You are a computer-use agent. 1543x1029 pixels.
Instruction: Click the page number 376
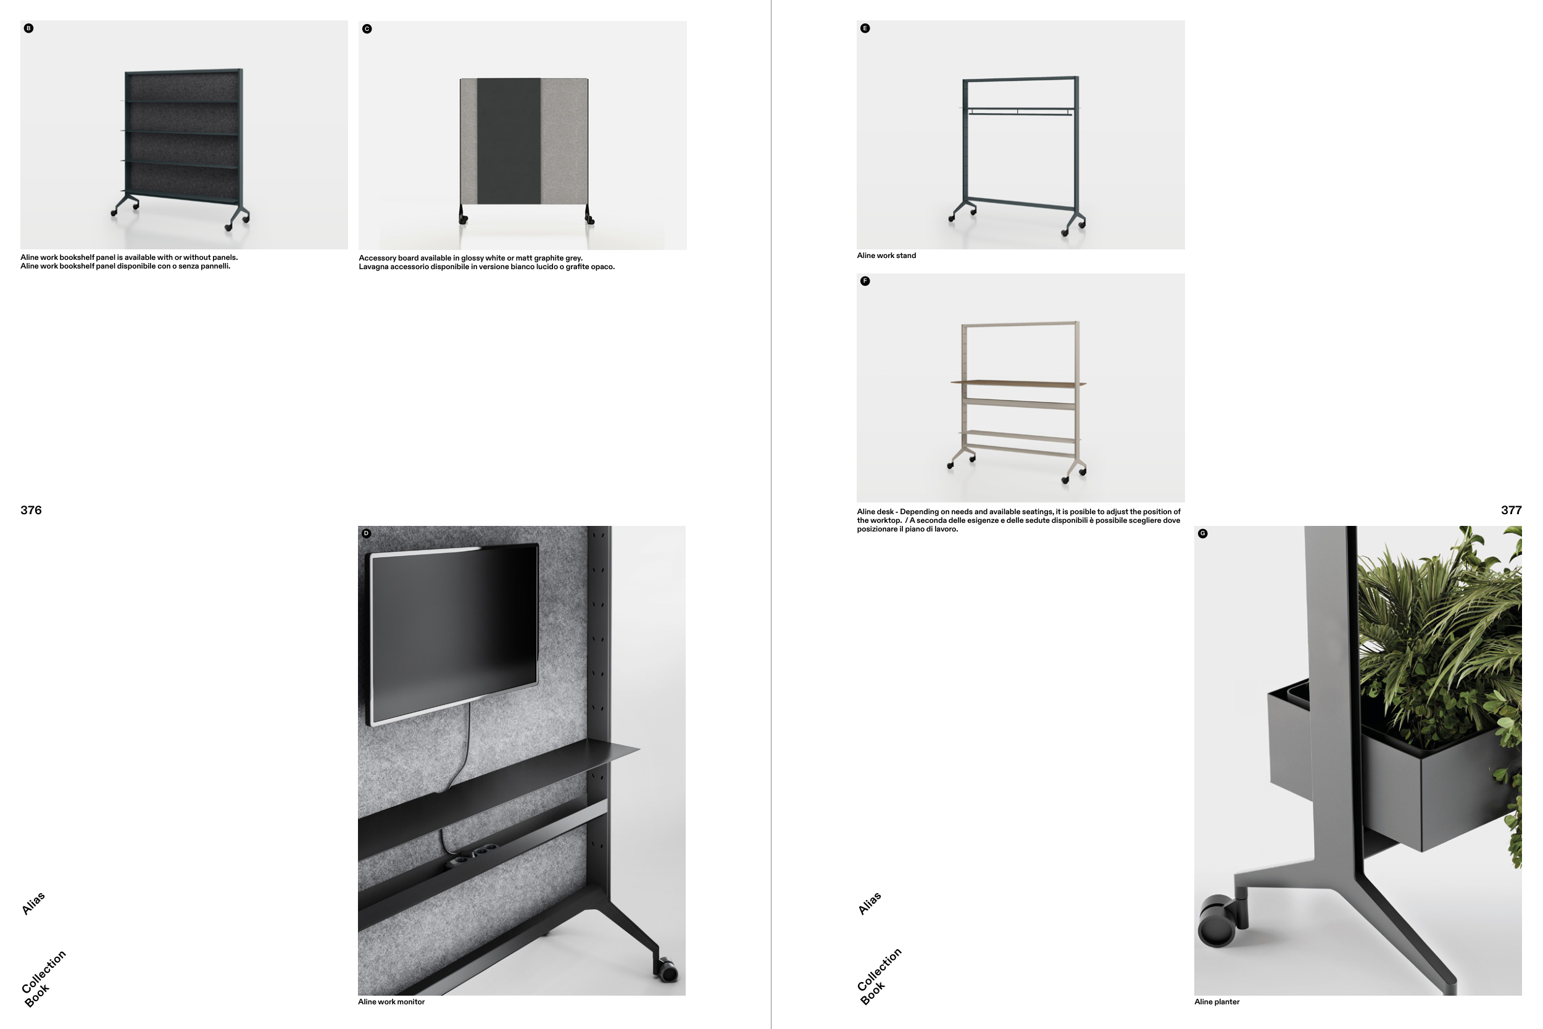31,510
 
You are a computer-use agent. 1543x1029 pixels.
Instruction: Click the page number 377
1511,510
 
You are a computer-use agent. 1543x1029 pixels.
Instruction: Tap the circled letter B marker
28,28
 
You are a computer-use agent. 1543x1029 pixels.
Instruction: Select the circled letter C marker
367,29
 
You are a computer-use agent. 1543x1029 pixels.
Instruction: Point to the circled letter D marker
366,533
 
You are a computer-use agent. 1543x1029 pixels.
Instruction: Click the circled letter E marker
865,28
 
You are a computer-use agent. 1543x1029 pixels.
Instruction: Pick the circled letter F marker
865,281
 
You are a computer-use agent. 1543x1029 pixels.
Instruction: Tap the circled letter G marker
1202,533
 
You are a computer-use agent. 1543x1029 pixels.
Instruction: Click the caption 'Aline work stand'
886,256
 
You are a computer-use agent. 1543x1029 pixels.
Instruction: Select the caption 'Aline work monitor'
391,1002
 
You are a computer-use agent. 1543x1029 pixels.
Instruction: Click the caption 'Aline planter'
1217,1002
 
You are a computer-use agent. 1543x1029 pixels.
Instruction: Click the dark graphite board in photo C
509,141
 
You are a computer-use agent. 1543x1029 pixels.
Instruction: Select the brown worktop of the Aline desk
1018,383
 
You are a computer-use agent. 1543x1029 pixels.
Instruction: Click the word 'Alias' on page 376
33,903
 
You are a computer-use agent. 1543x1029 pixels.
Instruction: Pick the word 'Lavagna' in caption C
373,267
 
